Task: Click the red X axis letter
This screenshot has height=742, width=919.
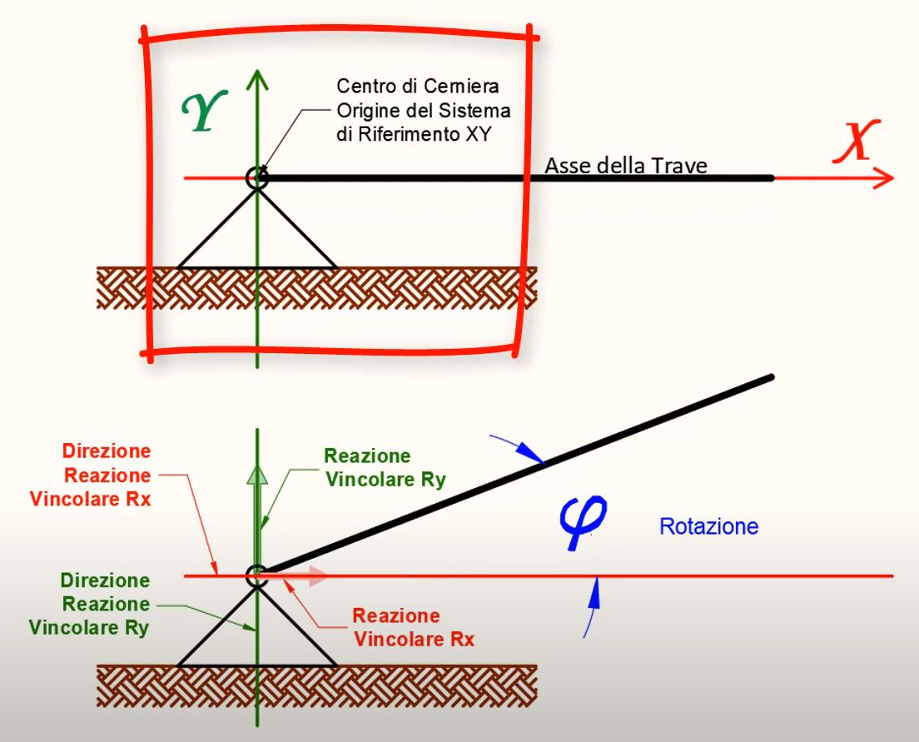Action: pyautogui.click(x=855, y=142)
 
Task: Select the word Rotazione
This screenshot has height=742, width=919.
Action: pyautogui.click(x=708, y=527)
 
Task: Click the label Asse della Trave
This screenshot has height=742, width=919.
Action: pyautogui.click(x=625, y=167)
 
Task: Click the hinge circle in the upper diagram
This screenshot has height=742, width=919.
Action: pyautogui.click(x=256, y=177)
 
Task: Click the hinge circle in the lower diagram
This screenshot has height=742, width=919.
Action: pyautogui.click(x=256, y=575)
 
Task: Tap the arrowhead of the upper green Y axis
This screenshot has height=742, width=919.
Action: pyautogui.click(x=258, y=78)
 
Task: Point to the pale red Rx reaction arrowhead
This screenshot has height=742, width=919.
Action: pyautogui.click(x=315, y=575)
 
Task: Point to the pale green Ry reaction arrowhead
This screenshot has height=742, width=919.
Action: pyautogui.click(x=258, y=473)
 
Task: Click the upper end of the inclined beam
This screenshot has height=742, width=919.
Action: pyautogui.click(x=771, y=378)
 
